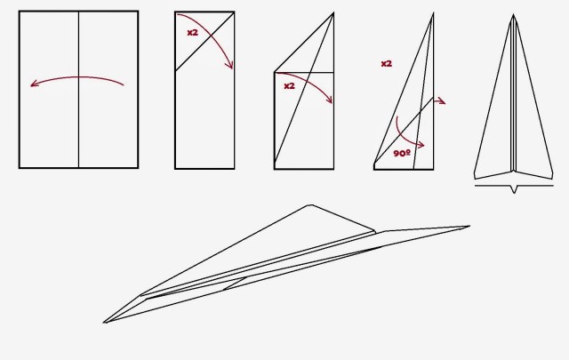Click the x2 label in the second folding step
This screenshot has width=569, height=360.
tap(193, 32)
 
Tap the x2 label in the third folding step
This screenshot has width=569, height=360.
tap(289, 86)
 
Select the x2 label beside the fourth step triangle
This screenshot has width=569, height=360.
tap(387, 63)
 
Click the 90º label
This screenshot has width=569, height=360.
tap(402, 153)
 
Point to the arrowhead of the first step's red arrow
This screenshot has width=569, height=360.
tap(34, 84)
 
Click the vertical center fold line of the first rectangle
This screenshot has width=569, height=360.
tap(79, 90)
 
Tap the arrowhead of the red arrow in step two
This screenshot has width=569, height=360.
tap(230, 65)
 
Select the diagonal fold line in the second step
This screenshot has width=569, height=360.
tap(204, 41)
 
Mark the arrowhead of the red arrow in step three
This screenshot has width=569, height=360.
tap(330, 100)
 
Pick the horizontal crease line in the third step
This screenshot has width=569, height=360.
tap(304, 73)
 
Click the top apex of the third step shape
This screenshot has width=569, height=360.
tap(333, 13)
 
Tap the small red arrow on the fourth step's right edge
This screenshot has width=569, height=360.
tap(440, 100)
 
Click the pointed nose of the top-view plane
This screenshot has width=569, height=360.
tap(513, 15)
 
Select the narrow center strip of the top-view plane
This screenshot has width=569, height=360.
tap(513, 94)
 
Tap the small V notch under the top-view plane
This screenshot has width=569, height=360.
tap(514, 189)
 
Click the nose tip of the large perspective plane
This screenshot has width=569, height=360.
tap(104, 323)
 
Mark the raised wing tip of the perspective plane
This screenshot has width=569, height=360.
tap(310, 205)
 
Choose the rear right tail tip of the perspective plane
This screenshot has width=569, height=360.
tap(469, 227)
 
